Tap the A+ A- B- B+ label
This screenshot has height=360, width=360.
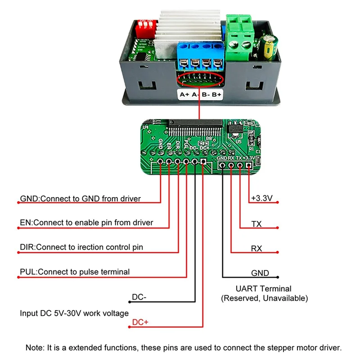click(x=200, y=94)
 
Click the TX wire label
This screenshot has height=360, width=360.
click(x=256, y=224)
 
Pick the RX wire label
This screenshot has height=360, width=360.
click(x=256, y=248)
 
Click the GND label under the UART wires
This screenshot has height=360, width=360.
click(x=260, y=273)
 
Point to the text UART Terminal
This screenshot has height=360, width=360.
click(x=263, y=289)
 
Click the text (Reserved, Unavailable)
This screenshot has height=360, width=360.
click(x=264, y=298)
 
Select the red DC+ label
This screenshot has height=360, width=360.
click(x=139, y=323)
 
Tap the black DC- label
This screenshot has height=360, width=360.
click(x=139, y=297)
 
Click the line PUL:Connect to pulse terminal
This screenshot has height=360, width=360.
click(x=75, y=272)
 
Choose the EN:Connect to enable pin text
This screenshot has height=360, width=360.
click(x=86, y=222)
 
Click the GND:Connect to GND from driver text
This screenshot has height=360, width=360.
click(x=81, y=198)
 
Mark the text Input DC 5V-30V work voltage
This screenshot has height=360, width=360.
click(x=74, y=313)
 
